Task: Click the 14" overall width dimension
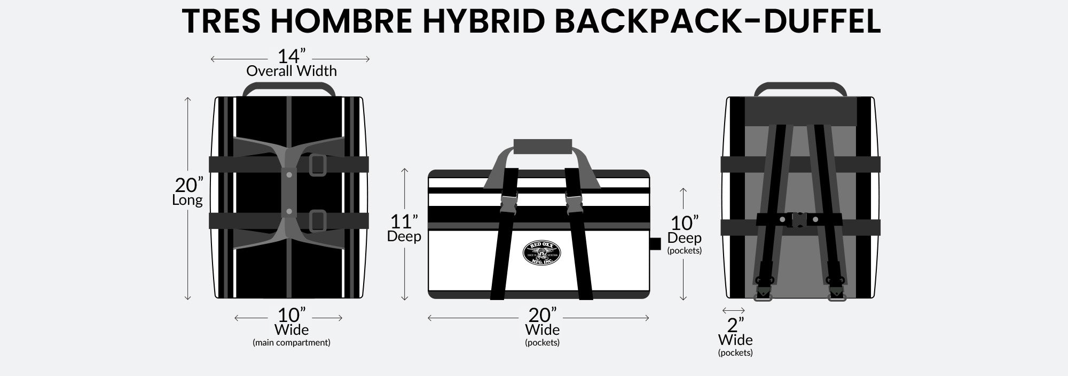[292, 63]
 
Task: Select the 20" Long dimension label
[189, 191]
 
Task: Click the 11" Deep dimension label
[404, 228]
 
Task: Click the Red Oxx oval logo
[543, 252]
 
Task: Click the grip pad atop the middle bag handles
[543, 145]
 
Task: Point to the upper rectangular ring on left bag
[317, 165]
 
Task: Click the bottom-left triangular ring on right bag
[763, 294]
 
